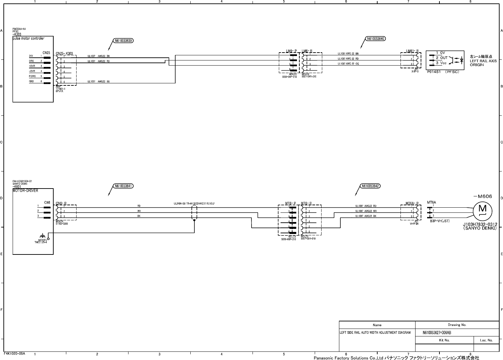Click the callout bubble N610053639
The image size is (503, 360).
[124, 41]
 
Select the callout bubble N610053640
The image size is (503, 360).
[376, 39]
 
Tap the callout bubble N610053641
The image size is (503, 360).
[124, 186]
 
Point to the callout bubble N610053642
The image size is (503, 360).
[371, 186]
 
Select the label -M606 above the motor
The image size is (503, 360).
[482, 196]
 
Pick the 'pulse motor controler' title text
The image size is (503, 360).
[28, 39]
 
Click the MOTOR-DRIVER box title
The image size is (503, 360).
[25, 191]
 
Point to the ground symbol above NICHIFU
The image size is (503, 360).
[43, 236]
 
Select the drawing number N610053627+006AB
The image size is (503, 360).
[437, 333]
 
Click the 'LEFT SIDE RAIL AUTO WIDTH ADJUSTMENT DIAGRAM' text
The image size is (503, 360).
[375, 332]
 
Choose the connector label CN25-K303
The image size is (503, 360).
[64, 54]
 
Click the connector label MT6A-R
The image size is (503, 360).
[412, 204]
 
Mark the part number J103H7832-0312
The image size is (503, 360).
[480, 225]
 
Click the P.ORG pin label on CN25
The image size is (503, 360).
[32, 76]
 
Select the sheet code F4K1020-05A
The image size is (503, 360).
[14, 354]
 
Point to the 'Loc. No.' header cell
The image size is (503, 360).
[486, 340]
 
